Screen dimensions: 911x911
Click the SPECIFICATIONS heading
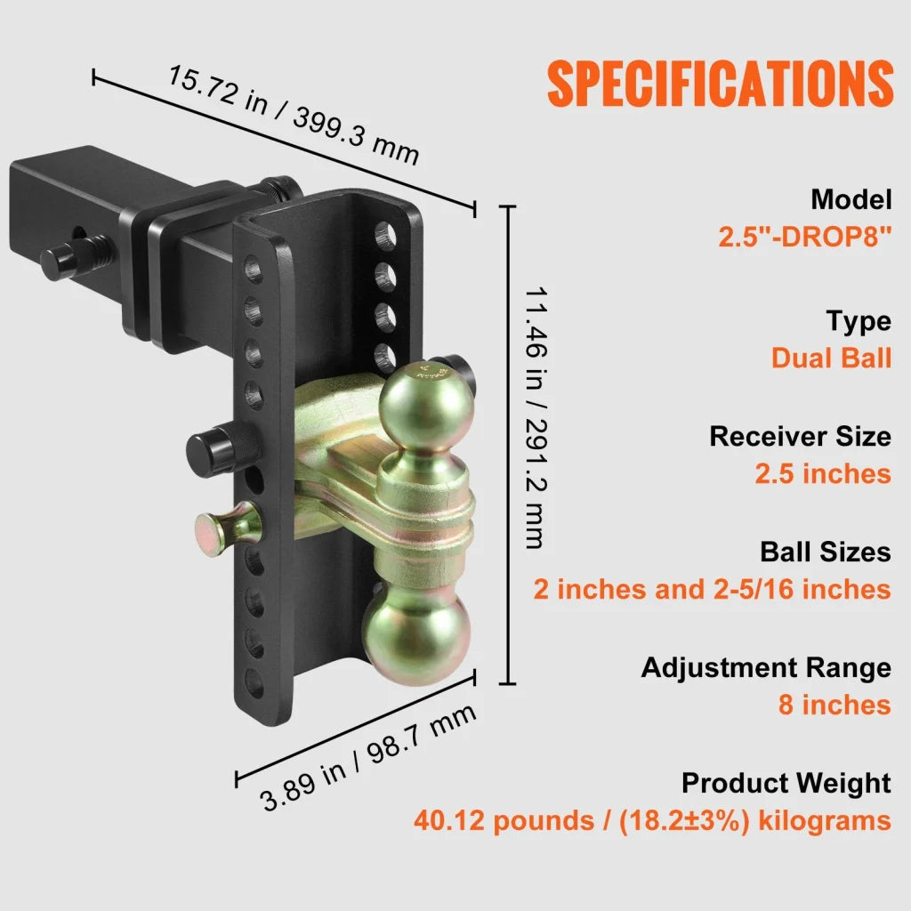720,85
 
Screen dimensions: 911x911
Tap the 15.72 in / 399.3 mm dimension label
293,114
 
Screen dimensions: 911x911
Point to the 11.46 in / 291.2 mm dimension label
534,418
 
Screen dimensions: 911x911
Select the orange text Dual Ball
831,358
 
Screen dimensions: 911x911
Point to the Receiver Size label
800,436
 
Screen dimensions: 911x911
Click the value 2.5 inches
823,473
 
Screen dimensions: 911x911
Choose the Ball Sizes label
825,552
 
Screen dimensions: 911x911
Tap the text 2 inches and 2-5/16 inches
712,589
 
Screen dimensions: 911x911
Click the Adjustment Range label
766,667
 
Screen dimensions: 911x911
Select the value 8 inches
834,705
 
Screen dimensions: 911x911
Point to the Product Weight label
786,783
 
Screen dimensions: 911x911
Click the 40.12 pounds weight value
499,820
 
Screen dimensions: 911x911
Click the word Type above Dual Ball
858,320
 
